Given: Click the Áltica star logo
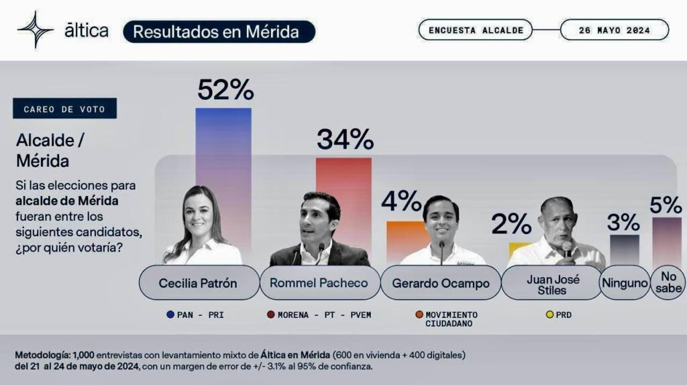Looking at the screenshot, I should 36,30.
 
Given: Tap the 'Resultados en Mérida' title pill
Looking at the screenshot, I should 219,32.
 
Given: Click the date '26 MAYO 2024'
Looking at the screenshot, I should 614,30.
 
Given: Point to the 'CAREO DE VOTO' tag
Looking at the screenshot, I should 64,109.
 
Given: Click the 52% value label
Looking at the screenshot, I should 225,90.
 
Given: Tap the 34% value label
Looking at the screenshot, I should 344,140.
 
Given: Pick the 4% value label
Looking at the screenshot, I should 401,201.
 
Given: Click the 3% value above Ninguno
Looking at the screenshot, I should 624,221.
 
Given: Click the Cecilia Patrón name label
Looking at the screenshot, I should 198,283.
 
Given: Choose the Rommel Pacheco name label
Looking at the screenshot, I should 319,283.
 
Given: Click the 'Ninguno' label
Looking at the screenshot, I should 624,283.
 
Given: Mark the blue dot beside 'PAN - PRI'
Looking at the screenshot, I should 172,315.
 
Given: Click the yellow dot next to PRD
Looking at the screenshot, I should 550,315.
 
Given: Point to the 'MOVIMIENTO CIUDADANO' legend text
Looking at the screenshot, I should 452,319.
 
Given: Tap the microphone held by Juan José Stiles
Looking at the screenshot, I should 567,250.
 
